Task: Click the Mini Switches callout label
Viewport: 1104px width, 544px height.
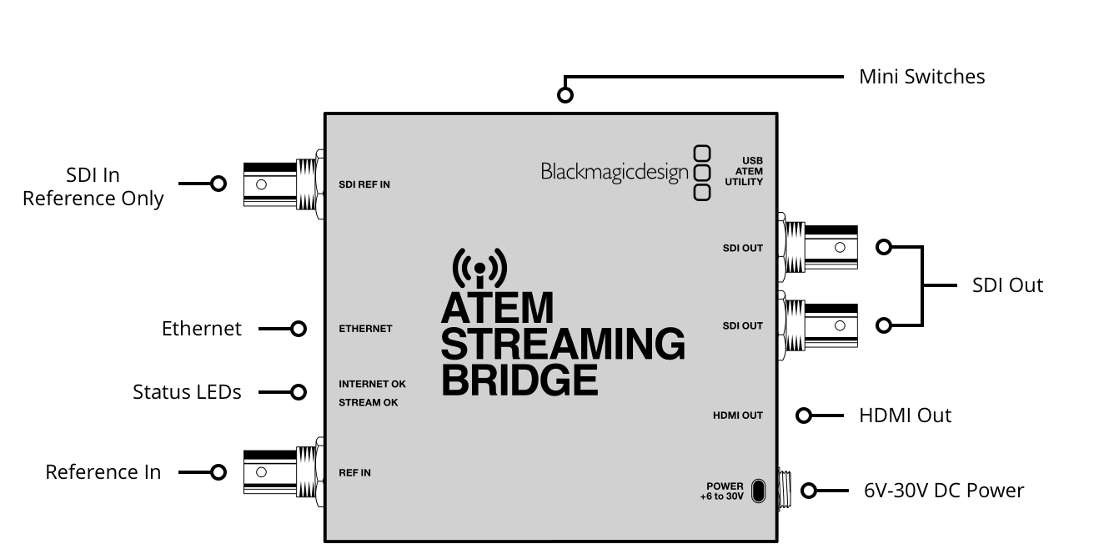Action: pyautogui.click(x=921, y=77)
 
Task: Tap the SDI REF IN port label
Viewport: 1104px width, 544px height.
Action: pyautogui.click(x=364, y=184)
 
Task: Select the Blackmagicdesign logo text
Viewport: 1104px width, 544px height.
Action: pyautogui.click(x=615, y=173)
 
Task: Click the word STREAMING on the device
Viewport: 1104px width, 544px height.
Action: pyautogui.click(x=563, y=344)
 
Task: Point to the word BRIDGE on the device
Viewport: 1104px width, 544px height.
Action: pyautogui.click(x=519, y=380)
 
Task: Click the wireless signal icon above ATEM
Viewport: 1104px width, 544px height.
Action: pyautogui.click(x=479, y=268)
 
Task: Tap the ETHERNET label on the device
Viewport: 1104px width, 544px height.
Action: pyautogui.click(x=365, y=329)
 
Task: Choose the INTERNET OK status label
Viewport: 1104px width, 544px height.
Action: pyautogui.click(x=372, y=384)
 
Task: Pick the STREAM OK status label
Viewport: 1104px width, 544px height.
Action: pyautogui.click(x=369, y=402)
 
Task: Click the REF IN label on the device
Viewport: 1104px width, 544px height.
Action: pyautogui.click(x=354, y=472)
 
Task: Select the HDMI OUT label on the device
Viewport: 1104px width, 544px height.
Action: pyautogui.click(x=738, y=416)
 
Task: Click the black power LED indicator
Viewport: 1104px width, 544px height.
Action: pyautogui.click(x=759, y=491)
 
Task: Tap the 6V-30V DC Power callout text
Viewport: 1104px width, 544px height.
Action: pyautogui.click(x=944, y=491)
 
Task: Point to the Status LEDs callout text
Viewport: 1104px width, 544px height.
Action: pyautogui.click(x=187, y=392)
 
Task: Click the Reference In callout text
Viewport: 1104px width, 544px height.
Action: pyautogui.click(x=103, y=472)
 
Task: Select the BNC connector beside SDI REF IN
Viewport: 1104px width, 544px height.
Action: pyautogui.click(x=284, y=184)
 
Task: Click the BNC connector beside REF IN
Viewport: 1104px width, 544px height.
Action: pyautogui.click(x=284, y=472)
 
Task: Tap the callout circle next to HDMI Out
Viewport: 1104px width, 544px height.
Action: pyautogui.click(x=804, y=416)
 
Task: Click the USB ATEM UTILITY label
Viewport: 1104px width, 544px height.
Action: pyautogui.click(x=744, y=171)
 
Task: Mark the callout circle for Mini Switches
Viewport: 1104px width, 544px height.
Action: pyautogui.click(x=565, y=94)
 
